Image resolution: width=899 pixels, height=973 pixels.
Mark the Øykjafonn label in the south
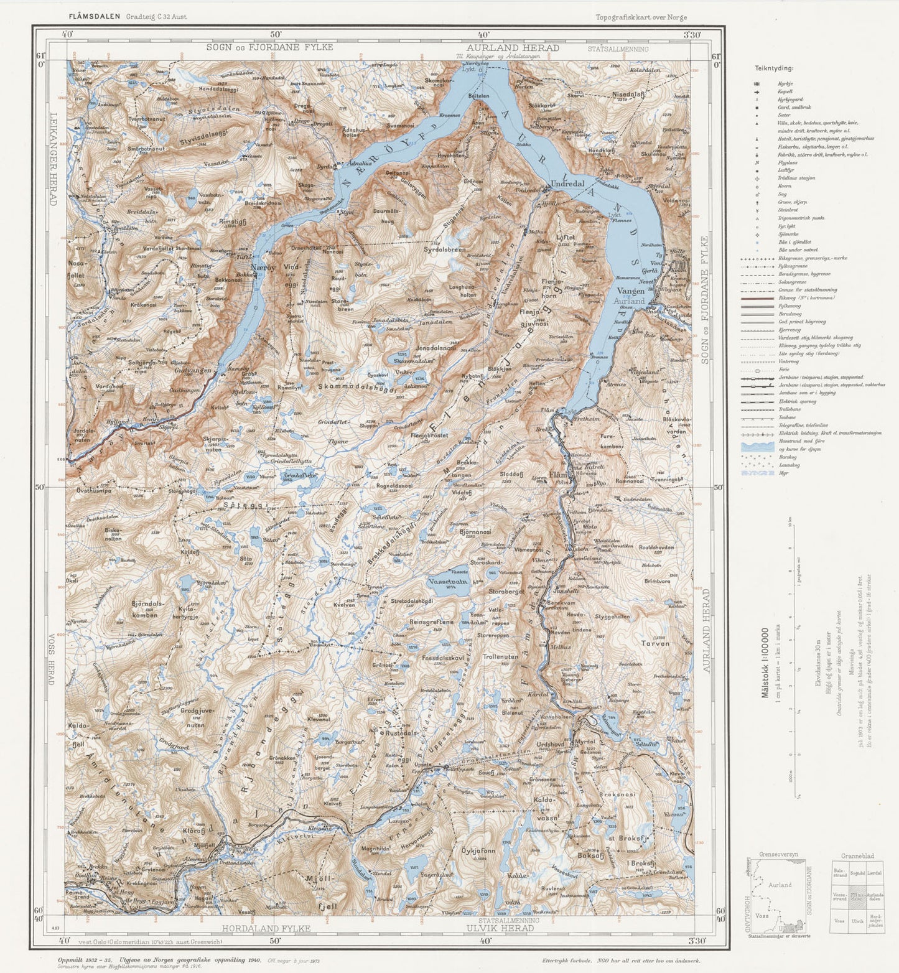coord(478,850)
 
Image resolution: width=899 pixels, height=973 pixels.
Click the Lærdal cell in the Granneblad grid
coord(874,872)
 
